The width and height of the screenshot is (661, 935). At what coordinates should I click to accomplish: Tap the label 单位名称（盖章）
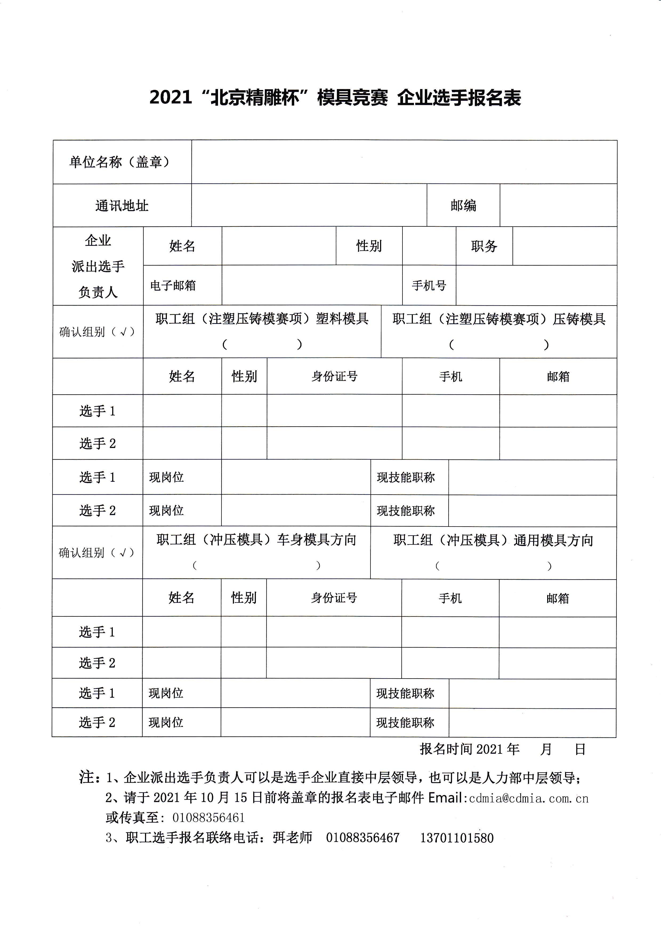pyautogui.click(x=119, y=162)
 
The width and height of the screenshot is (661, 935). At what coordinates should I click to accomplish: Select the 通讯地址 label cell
pyautogui.click(x=122, y=206)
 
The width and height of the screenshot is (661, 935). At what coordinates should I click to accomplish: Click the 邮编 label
pyautogui.click(x=463, y=205)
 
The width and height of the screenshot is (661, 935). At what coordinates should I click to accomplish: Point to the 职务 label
pyautogui.click(x=484, y=246)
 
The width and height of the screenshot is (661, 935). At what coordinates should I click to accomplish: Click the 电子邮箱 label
pyautogui.click(x=173, y=286)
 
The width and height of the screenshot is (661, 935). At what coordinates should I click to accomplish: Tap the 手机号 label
pyautogui.click(x=429, y=286)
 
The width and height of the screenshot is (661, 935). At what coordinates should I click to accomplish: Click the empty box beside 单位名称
pyautogui.click(x=404, y=162)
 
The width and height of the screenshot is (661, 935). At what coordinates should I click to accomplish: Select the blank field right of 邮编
pyautogui.click(x=558, y=205)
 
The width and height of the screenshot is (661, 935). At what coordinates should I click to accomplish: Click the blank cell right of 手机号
pyautogui.click(x=536, y=286)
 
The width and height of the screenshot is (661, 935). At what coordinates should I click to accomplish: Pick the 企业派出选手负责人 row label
pyautogui.click(x=98, y=266)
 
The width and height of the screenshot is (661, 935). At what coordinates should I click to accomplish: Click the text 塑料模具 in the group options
pyautogui.click(x=342, y=318)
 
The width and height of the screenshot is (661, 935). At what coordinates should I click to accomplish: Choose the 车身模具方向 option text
pyautogui.click(x=317, y=540)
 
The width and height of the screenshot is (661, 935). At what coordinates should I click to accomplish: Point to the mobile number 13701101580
pyautogui.click(x=457, y=838)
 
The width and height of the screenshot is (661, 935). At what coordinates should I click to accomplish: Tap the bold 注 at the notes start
pyautogui.click(x=86, y=777)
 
